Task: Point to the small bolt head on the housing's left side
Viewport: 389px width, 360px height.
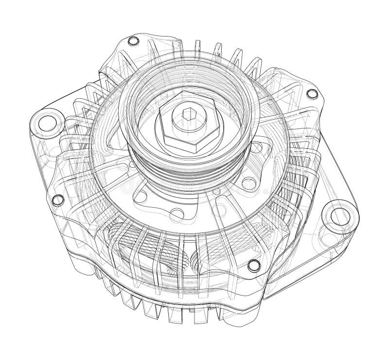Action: click(x=57, y=198)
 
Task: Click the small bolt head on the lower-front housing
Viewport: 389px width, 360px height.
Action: click(x=253, y=265)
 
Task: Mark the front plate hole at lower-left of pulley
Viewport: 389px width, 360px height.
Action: click(x=141, y=197)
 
